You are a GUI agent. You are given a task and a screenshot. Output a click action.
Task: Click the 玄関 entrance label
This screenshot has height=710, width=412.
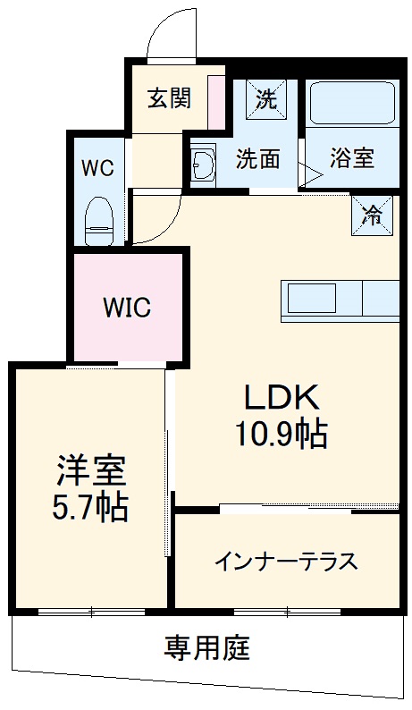[x=170, y=97]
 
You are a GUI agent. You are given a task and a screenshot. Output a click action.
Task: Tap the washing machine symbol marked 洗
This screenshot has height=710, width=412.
[x=267, y=99]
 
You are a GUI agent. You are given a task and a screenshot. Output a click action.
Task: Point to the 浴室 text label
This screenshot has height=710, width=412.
[x=350, y=158]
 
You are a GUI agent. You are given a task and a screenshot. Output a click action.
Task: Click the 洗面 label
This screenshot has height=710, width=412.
[x=257, y=159]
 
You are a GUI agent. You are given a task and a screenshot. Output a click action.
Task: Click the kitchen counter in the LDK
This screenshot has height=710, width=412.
[x=340, y=300]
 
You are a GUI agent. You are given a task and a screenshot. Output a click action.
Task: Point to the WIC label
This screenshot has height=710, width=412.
[x=127, y=308]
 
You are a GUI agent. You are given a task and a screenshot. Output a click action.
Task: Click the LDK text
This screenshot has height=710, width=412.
[x=282, y=397]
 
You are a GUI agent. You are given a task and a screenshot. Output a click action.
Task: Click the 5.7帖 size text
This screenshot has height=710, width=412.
[x=89, y=507]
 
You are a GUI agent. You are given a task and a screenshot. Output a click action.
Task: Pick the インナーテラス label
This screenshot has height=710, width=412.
[x=286, y=562]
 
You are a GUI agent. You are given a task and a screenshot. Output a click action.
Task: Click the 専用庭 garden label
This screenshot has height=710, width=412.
[x=206, y=646]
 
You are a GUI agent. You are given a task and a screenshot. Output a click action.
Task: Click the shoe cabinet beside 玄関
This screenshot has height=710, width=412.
[x=215, y=99]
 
